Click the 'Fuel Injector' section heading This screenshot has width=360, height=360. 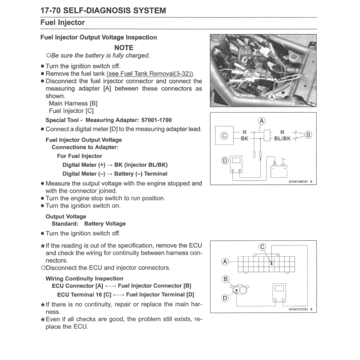tap(63, 23)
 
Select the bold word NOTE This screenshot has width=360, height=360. tap(124, 47)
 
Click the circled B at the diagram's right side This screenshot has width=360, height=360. tap(309, 135)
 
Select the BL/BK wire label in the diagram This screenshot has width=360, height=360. tap(283, 139)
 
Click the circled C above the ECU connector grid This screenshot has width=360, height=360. tap(262, 246)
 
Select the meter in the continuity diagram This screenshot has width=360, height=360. tap(279, 293)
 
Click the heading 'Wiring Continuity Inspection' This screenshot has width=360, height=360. tap(84, 278)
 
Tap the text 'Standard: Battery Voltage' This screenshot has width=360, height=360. tap(89, 224)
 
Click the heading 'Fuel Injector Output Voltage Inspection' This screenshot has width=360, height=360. tap(99, 37)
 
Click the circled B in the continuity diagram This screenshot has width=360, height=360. tap(225, 280)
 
